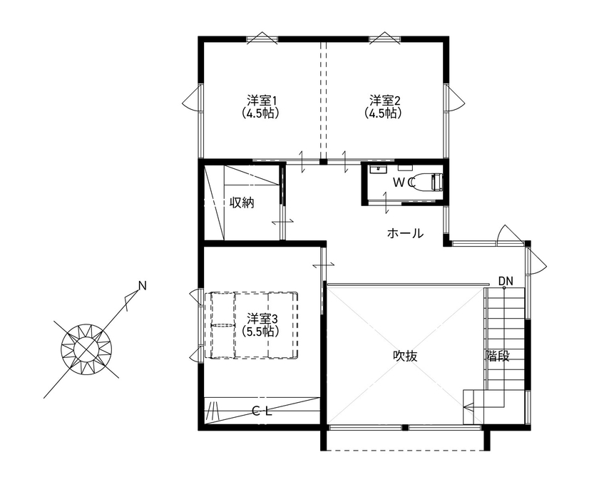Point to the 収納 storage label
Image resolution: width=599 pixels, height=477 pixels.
242,202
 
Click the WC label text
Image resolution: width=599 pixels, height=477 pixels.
404,183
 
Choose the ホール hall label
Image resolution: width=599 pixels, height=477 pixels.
405,233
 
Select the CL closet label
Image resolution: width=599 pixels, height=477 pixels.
263,411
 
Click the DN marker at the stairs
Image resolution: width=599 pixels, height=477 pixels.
506,280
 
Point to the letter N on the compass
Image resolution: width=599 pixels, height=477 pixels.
142,286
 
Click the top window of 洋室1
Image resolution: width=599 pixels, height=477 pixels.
260,39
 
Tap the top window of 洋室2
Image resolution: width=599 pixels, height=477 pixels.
384,39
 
